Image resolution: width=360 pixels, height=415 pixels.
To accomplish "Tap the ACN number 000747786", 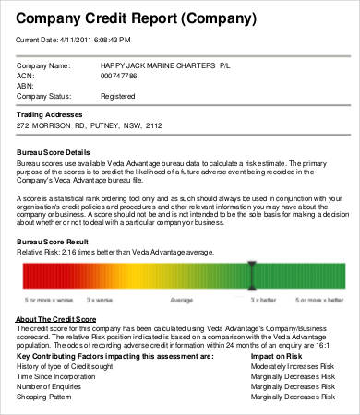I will click(124, 76).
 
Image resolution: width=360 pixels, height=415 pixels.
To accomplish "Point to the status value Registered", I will click(120, 95).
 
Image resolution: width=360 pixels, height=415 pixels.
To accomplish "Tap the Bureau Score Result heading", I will click(54, 239).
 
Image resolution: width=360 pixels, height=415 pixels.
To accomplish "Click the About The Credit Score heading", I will click(57, 318).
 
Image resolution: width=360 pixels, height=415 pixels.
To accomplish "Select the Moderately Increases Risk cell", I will click(291, 366).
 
